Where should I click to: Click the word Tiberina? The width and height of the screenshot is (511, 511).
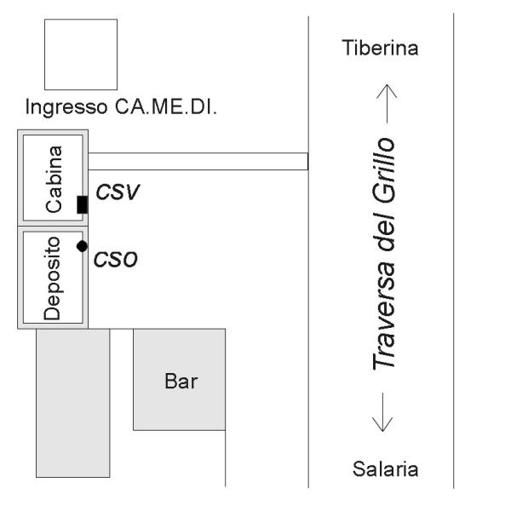[380, 48]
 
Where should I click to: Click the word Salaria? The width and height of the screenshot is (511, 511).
[380, 469]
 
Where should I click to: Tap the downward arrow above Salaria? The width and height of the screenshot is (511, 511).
[380, 413]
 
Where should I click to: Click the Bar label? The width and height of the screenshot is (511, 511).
[180, 381]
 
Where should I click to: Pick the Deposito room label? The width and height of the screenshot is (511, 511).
[54, 277]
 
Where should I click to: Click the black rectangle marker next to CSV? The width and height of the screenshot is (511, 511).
[83, 204]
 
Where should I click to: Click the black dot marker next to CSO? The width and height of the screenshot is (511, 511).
[82, 246]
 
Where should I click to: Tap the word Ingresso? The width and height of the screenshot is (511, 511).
[64, 109]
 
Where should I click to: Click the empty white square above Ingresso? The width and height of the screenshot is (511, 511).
[81, 54]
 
